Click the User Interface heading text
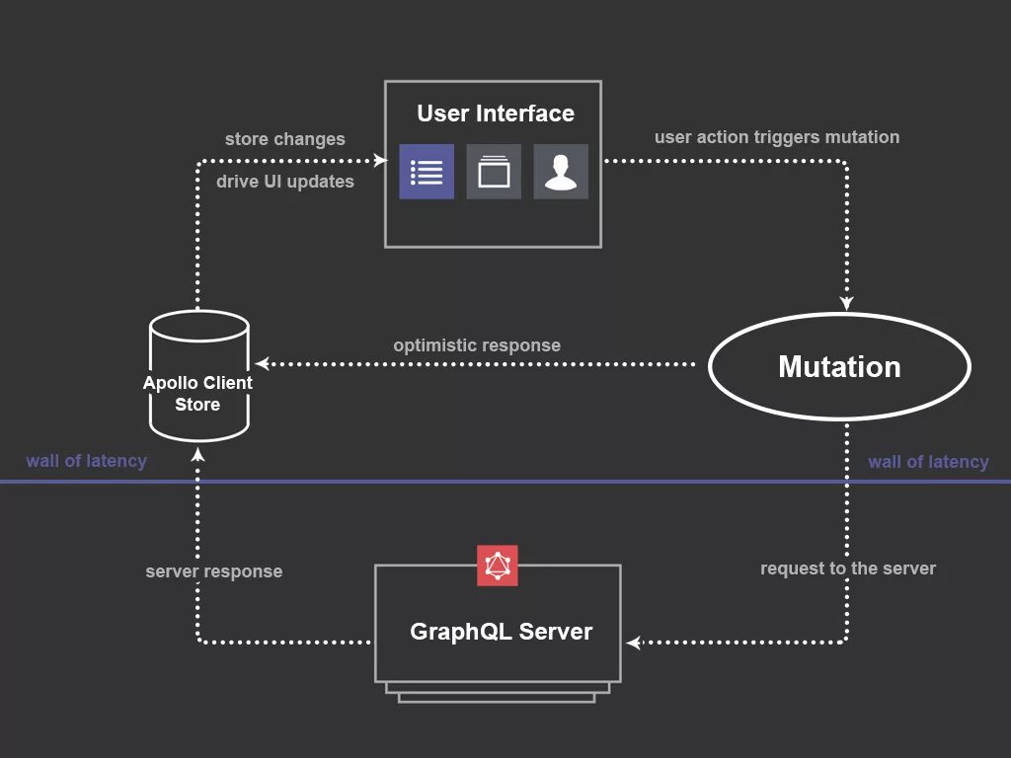[x=495, y=114]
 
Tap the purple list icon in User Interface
[x=427, y=172]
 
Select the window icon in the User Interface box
[x=494, y=172]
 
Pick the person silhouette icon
[x=561, y=172]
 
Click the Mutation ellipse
[x=839, y=367]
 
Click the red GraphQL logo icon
[x=498, y=566]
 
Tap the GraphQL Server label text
[x=501, y=632]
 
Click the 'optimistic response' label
[x=477, y=345]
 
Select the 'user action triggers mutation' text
[x=776, y=137]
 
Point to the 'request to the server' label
[x=847, y=568]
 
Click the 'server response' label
[x=213, y=571]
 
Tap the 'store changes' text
[x=284, y=139]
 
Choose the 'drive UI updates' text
[x=284, y=182]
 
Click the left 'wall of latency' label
[x=86, y=461]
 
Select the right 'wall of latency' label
[x=928, y=462]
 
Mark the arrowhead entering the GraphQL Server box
[x=634, y=643]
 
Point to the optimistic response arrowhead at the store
[x=262, y=364]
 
